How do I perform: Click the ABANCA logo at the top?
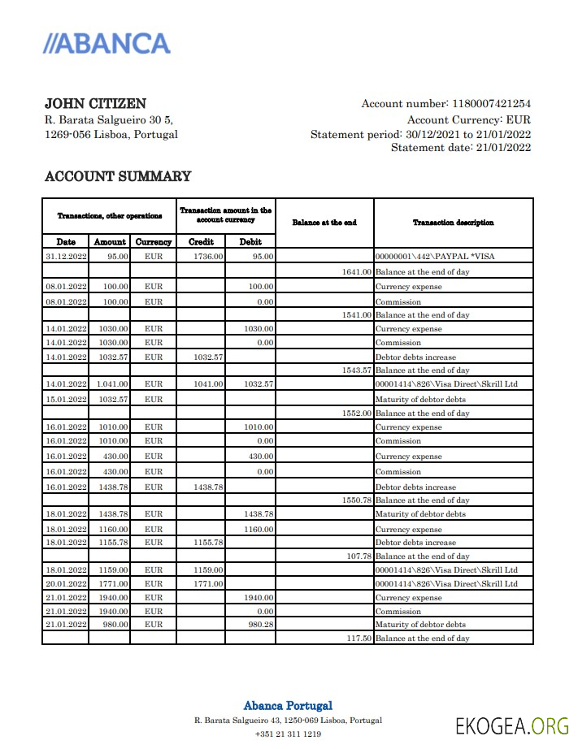pyautogui.click(x=106, y=44)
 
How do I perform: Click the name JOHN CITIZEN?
pyautogui.click(x=95, y=104)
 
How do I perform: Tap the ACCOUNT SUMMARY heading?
pyautogui.click(x=117, y=176)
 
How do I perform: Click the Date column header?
pyautogui.click(x=66, y=242)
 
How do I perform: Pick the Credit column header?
pyautogui.click(x=201, y=242)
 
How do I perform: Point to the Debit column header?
pyautogui.click(x=250, y=242)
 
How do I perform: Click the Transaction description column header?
pyautogui.click(x=453, y=223)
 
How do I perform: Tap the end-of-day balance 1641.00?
pyautogui.click(x=356, y=271)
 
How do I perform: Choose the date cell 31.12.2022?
pyautogui.click(x=66, y=257)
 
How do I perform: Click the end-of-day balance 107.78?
pyautogui.click(x=358, y=556)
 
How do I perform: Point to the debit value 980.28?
pyautogui.click(x=260, y=625)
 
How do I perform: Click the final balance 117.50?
pyautogui.click(x=358, y=639)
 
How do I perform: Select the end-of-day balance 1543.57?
pyautogui.click(x=356, y=370)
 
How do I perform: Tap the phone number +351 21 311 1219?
pyautogui.click(x=288, y=734)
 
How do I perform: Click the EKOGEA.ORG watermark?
pyautogui.click(x=512, y=725)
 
